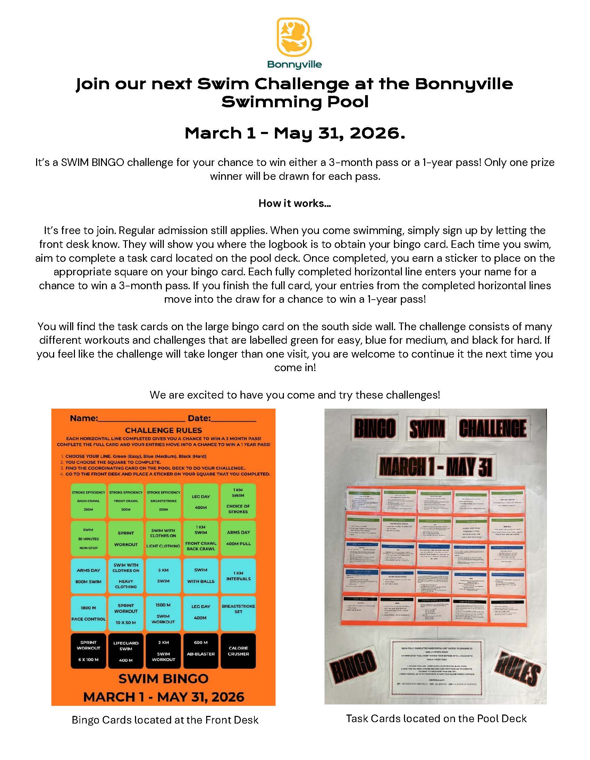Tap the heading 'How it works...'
click(295, 203)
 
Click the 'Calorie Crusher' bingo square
click(238, 651)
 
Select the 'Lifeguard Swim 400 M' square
click(126, 651)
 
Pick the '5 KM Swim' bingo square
click(163, 576)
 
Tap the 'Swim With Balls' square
click(201, 576)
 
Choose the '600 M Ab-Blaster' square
click(201, 651)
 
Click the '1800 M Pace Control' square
click(88, 613)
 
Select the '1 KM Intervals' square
click(238, 576)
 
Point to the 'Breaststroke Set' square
click(238, 613)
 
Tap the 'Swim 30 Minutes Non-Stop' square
click(88, 538)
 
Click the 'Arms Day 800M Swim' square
click(88, 576)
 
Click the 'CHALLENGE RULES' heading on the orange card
click(163, 430)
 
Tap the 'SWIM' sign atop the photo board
click(427, 428)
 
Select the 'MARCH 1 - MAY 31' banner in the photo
click(436, 466)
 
